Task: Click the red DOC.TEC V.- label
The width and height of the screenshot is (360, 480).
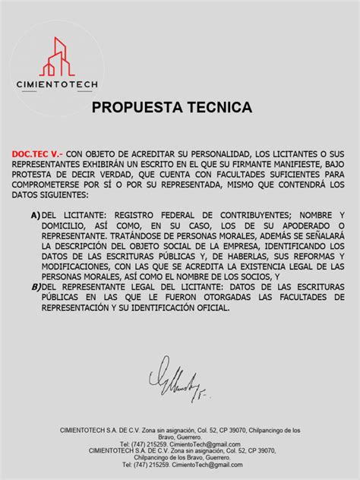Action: click(x=36, y=153)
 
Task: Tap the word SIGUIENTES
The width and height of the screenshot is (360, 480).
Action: click(x=63, y=194)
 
